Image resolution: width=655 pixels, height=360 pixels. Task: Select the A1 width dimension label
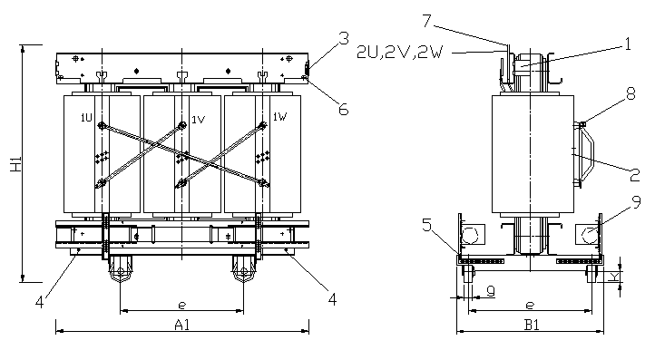pyautogui.click(x=181, y=323)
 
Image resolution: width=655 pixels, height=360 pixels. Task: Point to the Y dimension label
pyautogui.click(x=616, y=277)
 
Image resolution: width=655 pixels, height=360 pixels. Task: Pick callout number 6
pyautogui.click(x=343, y=109)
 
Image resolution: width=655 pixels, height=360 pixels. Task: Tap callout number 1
pyautogui.click(x=626, y=43)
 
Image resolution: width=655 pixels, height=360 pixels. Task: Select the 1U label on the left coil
pyautogui.click(x=86, y=118)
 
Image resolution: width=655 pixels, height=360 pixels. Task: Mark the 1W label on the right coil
pyautogui.click(x=279, y=117)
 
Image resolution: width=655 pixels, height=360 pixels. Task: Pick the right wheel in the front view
pyautogui.click(x=242, y=272)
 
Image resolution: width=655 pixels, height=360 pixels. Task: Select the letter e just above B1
pyautogui.click(x=529, y=306)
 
